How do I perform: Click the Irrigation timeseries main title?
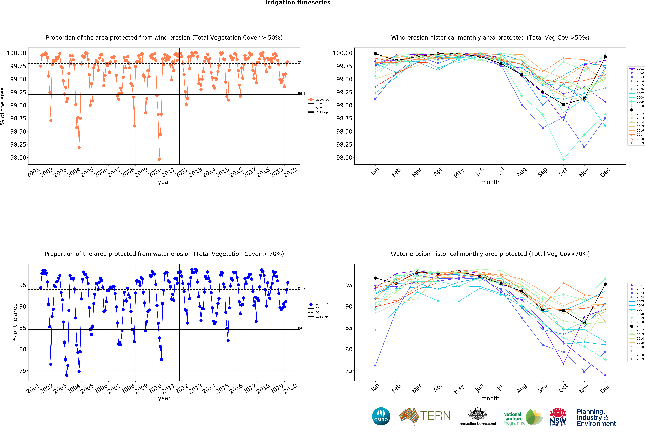(298, 3)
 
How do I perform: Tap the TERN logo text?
(435, 416)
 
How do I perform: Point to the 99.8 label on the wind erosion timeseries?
(302, 62)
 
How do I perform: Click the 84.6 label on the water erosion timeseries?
(302, 328)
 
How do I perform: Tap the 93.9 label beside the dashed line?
(302, 288)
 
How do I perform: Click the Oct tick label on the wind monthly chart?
(563, 172)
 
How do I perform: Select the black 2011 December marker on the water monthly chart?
(605, 284)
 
